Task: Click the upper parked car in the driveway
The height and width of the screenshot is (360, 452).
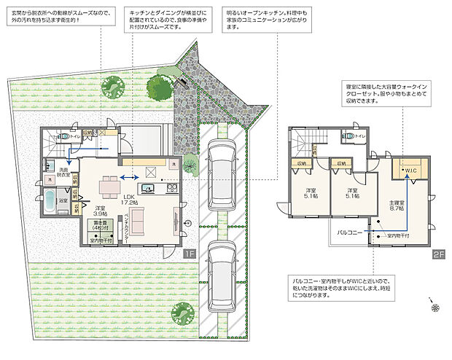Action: click(x=220, y=169)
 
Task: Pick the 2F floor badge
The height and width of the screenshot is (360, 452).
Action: click(x=438, y=255)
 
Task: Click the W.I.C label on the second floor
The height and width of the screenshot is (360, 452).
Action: click(x=410, y=171)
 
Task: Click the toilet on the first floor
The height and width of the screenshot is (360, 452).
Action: click(x=64, y=136)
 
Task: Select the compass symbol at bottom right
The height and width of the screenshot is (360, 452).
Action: click(x=435, y=308)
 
